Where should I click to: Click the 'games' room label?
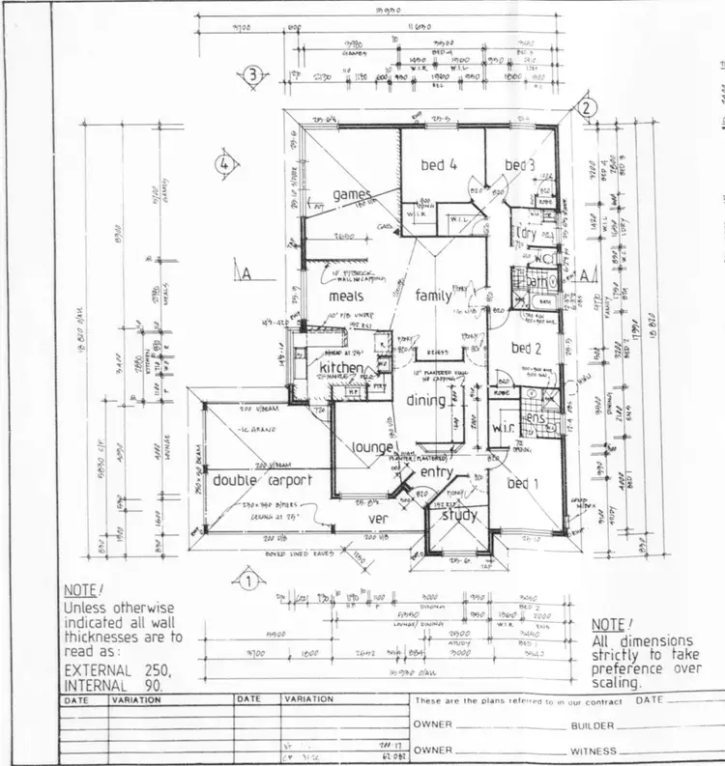pos(352,195)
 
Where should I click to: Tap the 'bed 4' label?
pos(438,165)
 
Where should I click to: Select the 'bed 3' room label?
pos(519,165)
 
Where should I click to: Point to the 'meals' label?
pos(346,297)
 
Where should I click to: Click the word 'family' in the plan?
pos(433,296)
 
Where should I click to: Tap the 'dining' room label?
pos(426,400)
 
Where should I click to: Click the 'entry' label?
pos(437,471)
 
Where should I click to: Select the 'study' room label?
pos(460,515)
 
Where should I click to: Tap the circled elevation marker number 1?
pos(247,582)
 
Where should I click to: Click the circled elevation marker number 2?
pos(585,109)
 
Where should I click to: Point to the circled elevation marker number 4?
pos(223,163)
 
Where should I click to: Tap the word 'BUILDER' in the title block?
pos(594,724)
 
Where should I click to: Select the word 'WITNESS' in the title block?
pos(594,750)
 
